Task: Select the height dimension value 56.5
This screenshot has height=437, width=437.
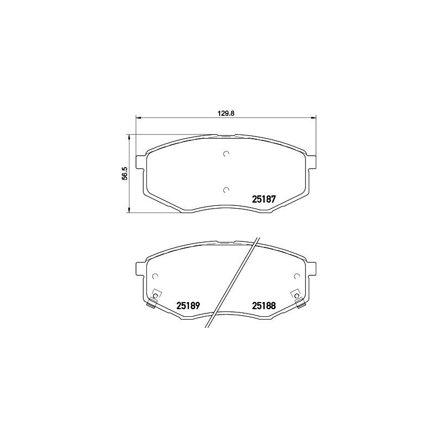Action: click(125, 173)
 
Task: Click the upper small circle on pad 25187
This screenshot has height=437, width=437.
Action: click(226, 153)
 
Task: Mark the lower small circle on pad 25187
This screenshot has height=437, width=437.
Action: click(226, 190)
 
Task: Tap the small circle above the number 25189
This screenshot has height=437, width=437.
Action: click(155, 276)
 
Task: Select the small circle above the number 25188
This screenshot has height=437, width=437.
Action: click(297, 276)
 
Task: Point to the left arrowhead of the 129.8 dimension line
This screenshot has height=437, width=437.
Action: click(138, 117)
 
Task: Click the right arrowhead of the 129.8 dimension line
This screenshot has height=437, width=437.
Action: click(314, 117)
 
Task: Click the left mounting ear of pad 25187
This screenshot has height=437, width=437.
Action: click(139, 162)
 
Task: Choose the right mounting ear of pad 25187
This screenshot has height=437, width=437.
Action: click(313, 162)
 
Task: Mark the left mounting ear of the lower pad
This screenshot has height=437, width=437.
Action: click(139, 269)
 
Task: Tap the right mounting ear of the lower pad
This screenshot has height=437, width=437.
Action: click(313, 269)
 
